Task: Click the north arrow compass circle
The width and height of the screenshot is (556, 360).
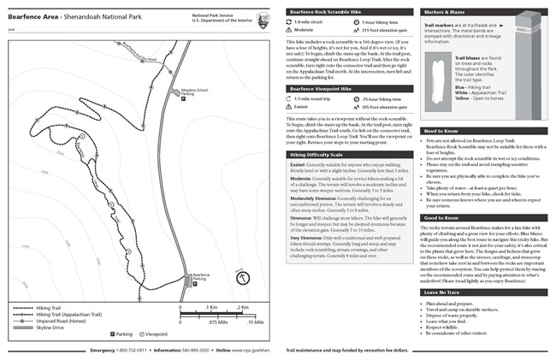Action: pos(242,278)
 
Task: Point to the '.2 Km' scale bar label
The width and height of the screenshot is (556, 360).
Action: pos(243,306)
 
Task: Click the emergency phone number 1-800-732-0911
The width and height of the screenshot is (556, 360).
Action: pos(133,351)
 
